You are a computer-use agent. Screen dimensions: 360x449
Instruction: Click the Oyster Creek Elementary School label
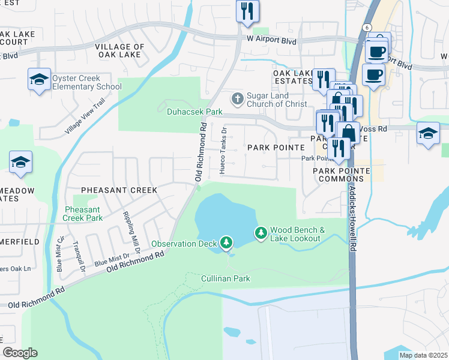[x=87, y=82]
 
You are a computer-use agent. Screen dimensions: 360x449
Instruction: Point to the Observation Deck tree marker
[x=226, y=242]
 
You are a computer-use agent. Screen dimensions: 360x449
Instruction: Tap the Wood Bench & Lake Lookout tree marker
[x=261, y=232]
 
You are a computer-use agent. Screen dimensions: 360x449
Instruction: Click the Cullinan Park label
[x=225, y=279]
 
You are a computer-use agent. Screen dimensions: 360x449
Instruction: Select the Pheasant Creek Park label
[x=83, y=214]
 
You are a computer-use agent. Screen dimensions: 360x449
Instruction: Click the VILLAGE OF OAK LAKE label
[x=119, y=50]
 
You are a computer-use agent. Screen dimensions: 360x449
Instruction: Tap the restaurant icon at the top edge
[x=247, y=11]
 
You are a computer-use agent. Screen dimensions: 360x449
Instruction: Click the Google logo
[x=20, y=353]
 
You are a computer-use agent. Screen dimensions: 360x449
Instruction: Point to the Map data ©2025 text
[x=423, y=355]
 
